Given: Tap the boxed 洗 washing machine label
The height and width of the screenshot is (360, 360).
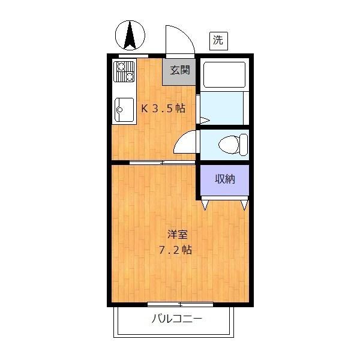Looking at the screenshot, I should [x=218, y=40].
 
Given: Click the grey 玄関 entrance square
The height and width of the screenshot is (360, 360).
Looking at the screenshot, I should [x=179, y=70].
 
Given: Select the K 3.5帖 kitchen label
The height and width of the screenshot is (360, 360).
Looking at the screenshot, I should [x=163, y=109].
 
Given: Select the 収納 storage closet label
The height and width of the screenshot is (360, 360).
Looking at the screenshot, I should [x=224, y=178].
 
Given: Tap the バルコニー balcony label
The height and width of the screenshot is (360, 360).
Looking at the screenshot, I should [x=176, y=319].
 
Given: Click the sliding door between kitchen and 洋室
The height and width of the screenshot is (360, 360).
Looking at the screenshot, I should [x=162, y=162].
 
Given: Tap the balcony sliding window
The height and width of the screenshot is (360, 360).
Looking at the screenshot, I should [x=180, y=304].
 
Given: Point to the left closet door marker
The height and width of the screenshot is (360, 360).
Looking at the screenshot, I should [x=205, y=205].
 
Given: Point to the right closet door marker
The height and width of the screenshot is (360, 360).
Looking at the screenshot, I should [x=244, y=205].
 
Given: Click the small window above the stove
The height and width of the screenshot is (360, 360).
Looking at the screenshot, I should [x=133, y=56].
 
